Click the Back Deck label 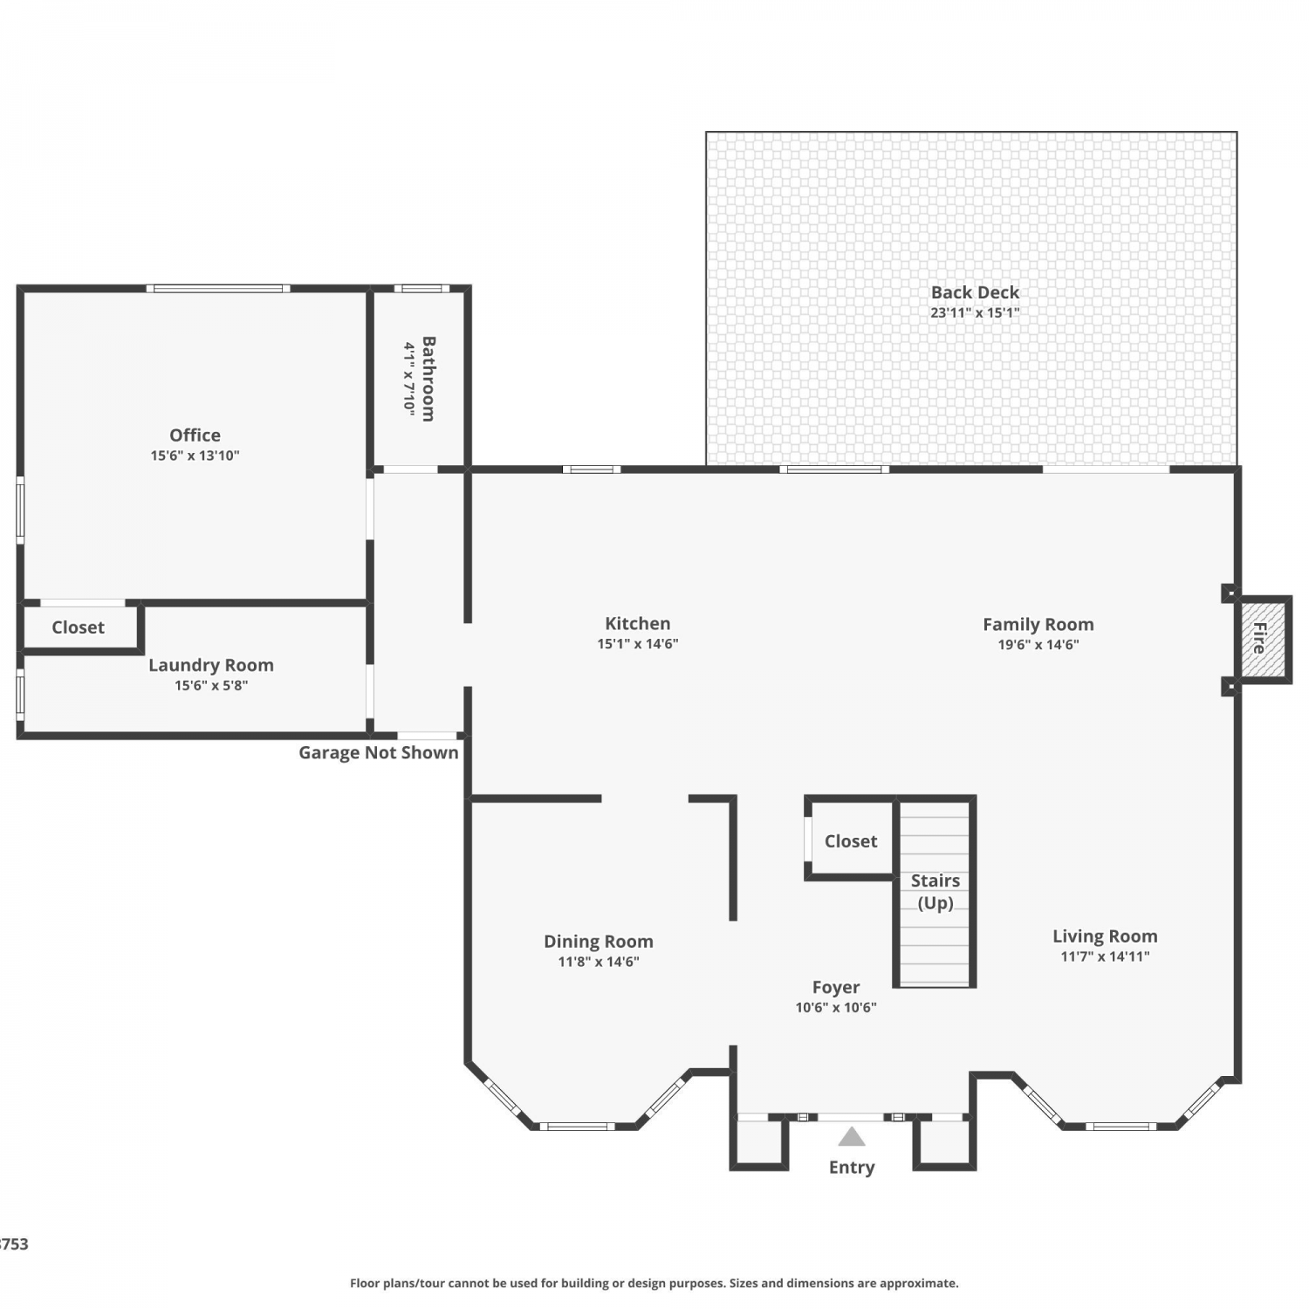pos(975,292)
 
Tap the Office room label pos(195,435)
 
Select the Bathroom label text pos(428,379)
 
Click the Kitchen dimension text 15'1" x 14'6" pos(638,644)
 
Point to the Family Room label pos(1038,625)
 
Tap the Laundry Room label pos(211,665)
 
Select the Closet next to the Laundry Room pos(78,627)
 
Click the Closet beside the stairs pos(851,841)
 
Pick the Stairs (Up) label pos(935,892)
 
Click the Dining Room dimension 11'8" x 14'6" pos(599,962)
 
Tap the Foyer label pos(836,987)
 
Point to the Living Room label pos(1105,936)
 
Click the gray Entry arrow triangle pos(852,1137)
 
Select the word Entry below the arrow pos(852,1168)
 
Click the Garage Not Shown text pos(379,752)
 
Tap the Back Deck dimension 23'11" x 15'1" pos(975,312)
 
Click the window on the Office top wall pos(218,288)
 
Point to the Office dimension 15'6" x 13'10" pos(195,456)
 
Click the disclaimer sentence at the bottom pos(654,1283)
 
